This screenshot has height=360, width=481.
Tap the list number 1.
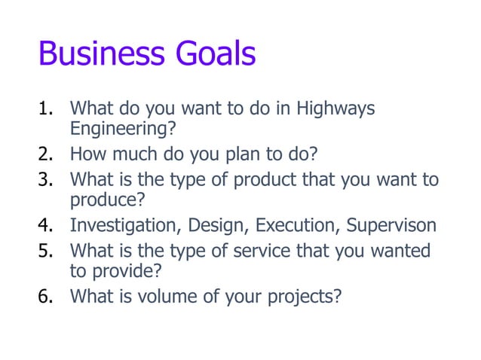47,110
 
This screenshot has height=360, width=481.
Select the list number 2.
47,156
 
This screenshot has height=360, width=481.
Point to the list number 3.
47,180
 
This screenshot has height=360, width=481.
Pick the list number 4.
47,226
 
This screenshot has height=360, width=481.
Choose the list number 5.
47,249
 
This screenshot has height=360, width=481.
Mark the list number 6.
47,296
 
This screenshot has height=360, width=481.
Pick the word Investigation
121,226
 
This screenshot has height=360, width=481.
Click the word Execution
293,226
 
